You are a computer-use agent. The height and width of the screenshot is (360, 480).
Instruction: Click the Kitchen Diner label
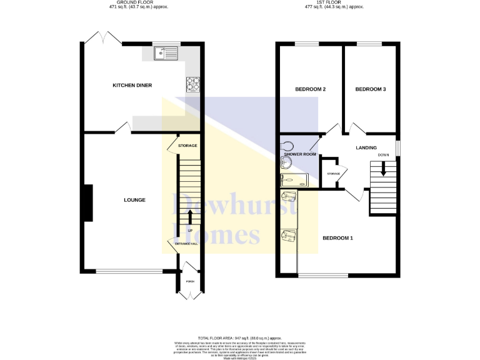[132, 86]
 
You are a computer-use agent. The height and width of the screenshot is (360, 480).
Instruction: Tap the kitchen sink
[166, 54]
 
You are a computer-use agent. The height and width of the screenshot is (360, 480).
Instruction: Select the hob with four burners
[193, 83]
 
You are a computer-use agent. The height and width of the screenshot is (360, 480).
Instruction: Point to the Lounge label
[135, 200]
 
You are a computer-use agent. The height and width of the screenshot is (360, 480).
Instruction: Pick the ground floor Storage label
[187, 146]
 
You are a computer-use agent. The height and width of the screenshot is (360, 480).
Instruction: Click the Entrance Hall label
[186, 242]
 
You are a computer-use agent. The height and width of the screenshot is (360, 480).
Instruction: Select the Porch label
[189, 281]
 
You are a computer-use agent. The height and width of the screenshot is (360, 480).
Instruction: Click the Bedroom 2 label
[310, 89]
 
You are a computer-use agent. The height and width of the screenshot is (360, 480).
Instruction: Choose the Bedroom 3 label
[371, 89]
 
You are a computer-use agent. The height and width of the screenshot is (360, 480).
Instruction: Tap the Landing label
[366, 147]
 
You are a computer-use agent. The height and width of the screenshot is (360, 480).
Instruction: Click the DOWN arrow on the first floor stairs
[383, 168]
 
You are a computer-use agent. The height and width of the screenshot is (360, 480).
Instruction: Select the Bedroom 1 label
[338, 238]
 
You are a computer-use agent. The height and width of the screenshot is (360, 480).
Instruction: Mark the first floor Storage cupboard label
[333, 174]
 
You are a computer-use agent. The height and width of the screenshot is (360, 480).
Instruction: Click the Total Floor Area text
[239, 337]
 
